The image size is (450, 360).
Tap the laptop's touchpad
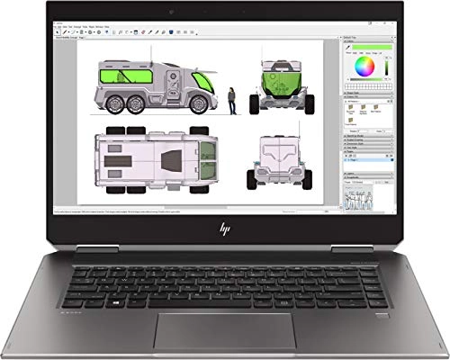(224, 328)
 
